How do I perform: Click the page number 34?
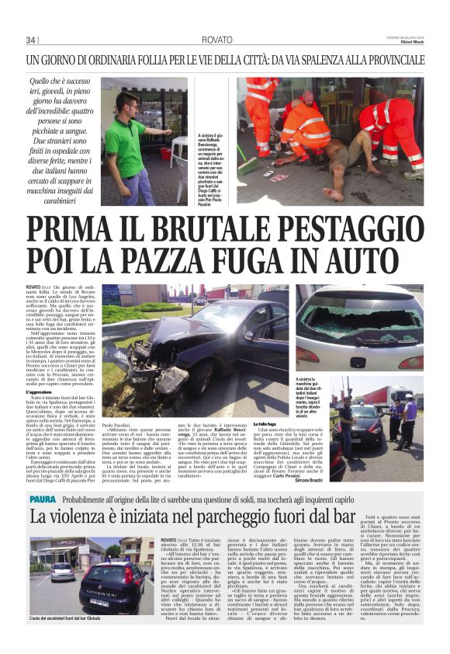(x=31, y=40)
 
